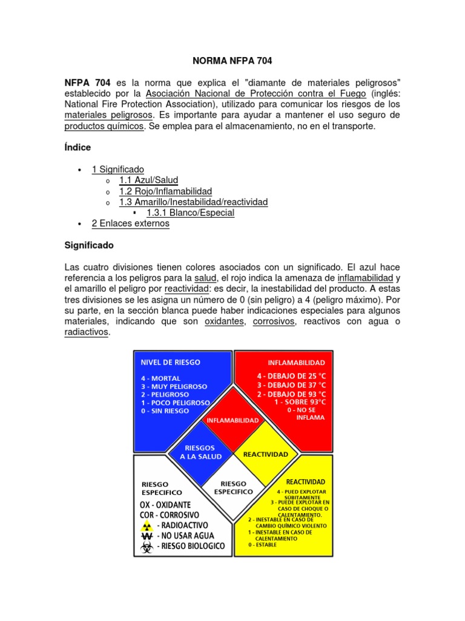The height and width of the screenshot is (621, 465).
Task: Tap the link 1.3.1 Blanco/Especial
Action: pos(190,213)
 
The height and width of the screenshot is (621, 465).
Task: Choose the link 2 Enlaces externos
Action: pos(130,224)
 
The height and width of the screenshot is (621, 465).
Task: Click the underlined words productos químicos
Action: pos(104,127)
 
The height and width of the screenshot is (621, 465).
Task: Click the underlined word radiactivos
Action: pos(86,333)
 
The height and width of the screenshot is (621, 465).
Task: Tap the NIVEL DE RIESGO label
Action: pos(170,362)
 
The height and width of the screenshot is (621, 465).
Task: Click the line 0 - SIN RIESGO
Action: pos(165,411)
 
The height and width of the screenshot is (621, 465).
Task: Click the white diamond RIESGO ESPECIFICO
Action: pos(233,487)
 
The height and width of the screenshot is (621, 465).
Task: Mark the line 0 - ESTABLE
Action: pos(262,545)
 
